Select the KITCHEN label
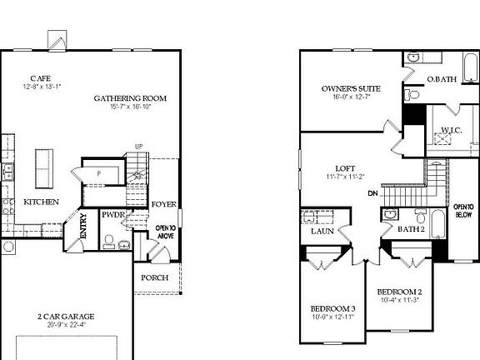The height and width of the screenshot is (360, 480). pyautogui.click(x=41, y=202)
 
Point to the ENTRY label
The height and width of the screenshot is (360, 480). pyautogui.click(x=84, y=227)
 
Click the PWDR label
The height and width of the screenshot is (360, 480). pyautogui.click(x=112, y=214)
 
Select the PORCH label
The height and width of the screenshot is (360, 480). pyautogui.click(x=155, y=277)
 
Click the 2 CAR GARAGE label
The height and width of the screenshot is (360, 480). pyautogui.click(x=66, y=317)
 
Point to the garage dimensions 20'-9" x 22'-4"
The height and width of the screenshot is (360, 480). pyautogui.click(x=66, y=326)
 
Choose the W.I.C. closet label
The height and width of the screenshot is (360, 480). pyautogui.click(x=452, y=129)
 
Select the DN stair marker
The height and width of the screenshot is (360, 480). pyautogui.click(x=372, y=194)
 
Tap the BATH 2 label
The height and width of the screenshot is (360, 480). pyautogui.click(x=410, y=229)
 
